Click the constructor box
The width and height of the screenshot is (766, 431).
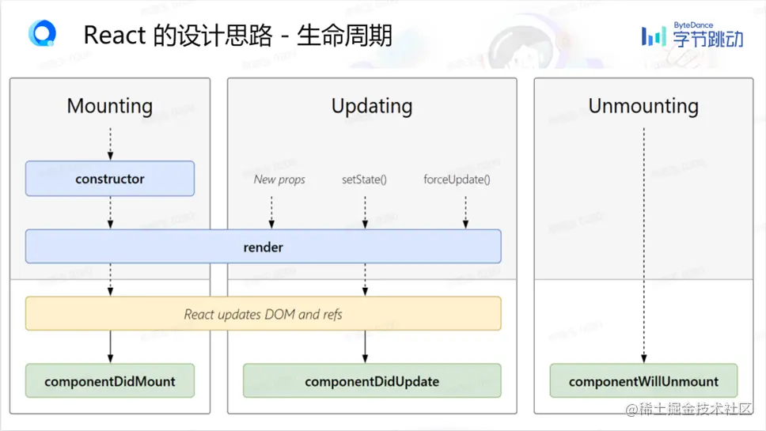tap(110, 179)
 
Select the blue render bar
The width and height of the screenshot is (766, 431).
tap(263, 247)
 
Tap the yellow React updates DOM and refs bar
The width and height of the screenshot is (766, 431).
tap(263, 314)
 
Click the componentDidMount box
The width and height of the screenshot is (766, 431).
tap(110, 381)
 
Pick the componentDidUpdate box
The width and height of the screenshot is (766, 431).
tap(372, 381)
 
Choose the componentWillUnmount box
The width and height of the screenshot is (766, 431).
tap(643, 381)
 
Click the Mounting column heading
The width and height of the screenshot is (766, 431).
tap(110, 106)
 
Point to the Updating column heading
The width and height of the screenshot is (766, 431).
tap(372, 106)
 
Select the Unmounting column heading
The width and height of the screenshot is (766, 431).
tap(643, 106)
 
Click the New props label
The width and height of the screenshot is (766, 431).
tap(279, 180)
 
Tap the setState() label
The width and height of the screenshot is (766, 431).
tap(364, 180)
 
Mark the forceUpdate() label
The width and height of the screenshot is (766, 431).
tap(457, 180)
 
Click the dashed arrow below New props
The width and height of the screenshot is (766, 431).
tap(271, 211)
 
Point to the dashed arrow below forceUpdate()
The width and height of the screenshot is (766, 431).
tap(465, 211)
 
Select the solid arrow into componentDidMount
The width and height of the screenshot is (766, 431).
tap(110, 346)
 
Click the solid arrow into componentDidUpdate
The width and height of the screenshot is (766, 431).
tap(365, 346)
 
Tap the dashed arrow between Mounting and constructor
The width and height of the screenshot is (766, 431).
tap(110, 143)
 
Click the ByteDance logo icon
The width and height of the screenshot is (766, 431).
tap(654, 36)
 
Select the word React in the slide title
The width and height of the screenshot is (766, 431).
tap(114, 36)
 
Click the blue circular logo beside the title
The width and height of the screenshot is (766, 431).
tap(41, 34)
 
